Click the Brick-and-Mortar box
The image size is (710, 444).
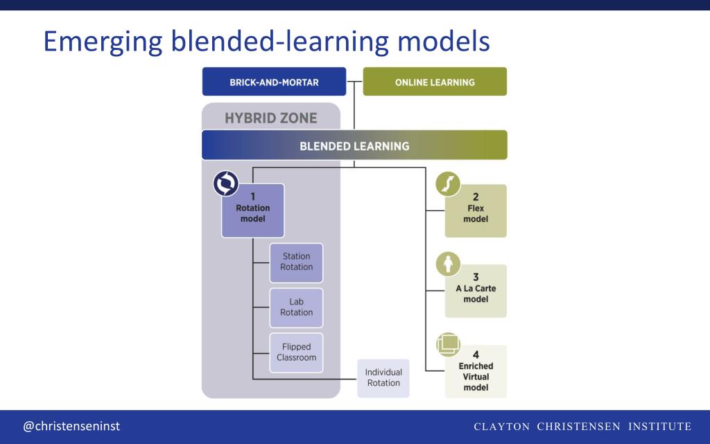tap(274, 82)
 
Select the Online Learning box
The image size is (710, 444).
tap(435, 82)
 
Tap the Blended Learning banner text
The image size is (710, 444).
tap(354, 146)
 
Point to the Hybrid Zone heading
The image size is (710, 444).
tap(270, 118)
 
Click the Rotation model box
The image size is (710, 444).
tap(253, 211)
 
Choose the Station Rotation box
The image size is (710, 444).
tap(296, 262)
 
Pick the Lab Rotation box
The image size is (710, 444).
tap(296, 307)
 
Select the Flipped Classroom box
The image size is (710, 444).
tap(296, 352)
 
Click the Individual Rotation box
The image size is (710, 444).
tap(383, 378)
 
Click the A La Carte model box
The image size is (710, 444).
tap(476, 291)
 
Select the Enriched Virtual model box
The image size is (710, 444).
tap(476, 372)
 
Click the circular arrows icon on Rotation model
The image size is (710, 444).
tap(226, 184)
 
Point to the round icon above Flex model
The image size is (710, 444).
tap(449, 184)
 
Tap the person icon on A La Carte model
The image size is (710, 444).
tap(449, 264)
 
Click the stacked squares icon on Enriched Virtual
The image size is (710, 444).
tap(449, 344)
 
